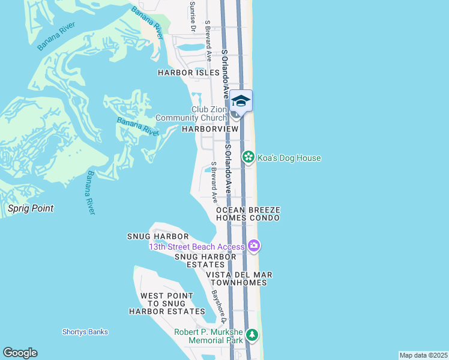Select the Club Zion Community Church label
(x=191, y=113)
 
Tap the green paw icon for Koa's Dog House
(x=247, y=157)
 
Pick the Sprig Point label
(x=31, y=208)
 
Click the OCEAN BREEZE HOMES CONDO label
(x=248, y=214)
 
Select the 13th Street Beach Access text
(x=197, y=247)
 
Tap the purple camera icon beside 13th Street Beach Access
(x=254, y=245)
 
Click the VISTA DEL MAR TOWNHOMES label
(x=239, y=279)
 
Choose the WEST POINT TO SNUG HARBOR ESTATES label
(x=167, y=304)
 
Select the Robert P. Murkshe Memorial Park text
(x=209, y=336)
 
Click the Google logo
(x=20, y=353)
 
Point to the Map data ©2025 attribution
(x=423, y=355)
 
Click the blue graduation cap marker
(x=241, y=100)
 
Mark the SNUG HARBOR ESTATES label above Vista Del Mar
(x=205, y=260)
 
